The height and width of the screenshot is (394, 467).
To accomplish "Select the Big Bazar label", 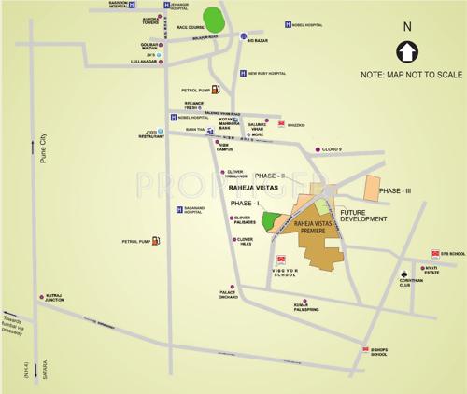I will [258, 41].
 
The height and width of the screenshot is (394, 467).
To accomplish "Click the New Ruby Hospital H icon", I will [241, 74].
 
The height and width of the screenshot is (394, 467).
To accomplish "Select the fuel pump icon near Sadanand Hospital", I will [155, 241].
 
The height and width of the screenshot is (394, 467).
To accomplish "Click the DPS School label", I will [450, 254].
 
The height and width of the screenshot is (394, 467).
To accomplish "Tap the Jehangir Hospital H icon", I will [167, 5].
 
